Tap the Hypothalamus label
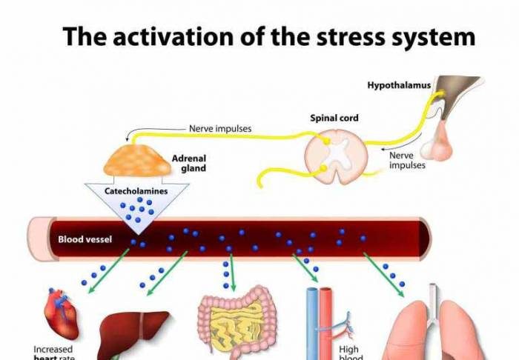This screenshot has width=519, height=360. tap(399, 85)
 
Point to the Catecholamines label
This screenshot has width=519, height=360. tap(136, 191)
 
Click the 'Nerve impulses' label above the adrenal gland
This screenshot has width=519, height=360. tap(220, 128)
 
